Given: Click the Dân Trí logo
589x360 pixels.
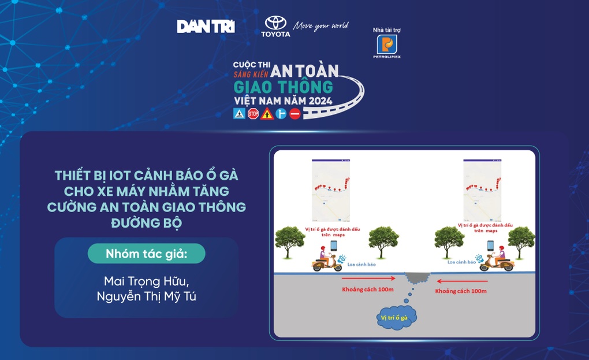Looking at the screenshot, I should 206,27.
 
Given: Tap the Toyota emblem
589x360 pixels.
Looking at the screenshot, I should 275,23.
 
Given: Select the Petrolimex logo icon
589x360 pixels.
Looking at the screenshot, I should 387,44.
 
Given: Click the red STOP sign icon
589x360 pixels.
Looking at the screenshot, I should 253,114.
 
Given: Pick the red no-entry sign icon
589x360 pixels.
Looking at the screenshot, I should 295,114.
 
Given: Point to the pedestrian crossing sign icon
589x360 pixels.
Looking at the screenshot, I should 239,114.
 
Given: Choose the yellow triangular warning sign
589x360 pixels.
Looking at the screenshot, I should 267,114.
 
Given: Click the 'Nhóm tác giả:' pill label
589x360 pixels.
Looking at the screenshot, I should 147,254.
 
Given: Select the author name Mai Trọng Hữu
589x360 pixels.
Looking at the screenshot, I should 146,281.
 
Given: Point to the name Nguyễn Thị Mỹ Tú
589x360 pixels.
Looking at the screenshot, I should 146,297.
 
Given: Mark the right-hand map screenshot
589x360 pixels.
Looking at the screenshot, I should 482,190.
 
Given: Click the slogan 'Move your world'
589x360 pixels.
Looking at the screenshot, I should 320,26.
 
